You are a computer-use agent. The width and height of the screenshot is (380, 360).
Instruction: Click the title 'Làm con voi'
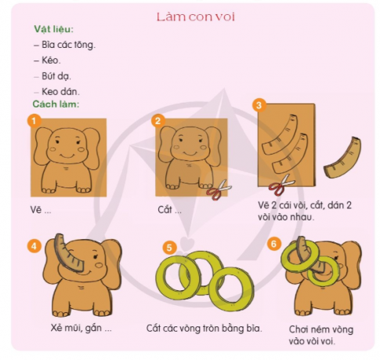[195, 16]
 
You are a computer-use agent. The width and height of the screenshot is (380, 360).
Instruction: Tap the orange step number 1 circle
[32, 121]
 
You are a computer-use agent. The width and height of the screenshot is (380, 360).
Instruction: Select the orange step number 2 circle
[158, 121]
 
